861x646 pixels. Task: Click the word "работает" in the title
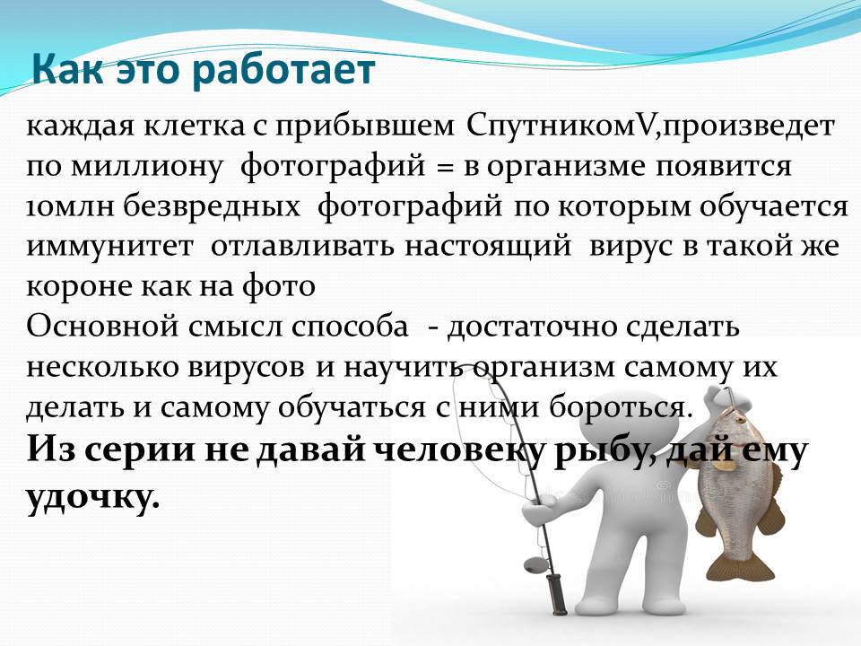[x=283, y=70]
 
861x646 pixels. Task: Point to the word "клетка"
[x=195, y=127]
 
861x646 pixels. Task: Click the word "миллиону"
[x=147, y=167]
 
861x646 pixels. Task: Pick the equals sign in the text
[x=445, y=167]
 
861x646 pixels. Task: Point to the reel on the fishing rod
[x=535, y=564]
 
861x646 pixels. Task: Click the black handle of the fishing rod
[x=557, y=594]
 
